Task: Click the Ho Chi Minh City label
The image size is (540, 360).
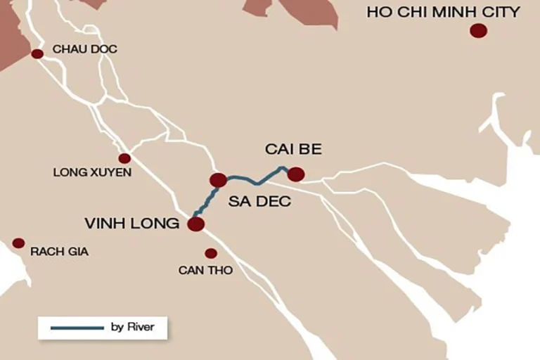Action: coord(444,11)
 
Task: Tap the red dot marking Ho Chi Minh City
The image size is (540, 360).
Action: coord(478,30)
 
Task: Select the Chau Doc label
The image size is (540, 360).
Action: coord(85,49)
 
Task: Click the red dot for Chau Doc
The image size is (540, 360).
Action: coord(37,53)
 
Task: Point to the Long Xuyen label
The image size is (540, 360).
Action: coord(92,172)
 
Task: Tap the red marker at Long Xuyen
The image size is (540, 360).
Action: coord(124,158)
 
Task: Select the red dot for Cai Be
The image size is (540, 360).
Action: coord(296,174)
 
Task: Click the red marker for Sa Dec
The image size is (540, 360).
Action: coord(218,180)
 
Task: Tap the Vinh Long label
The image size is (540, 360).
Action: coord(131,224)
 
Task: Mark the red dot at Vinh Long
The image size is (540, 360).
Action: coord(195,224)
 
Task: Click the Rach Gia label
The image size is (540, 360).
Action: coord(59,251)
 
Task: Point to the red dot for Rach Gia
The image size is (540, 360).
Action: coord(19,243)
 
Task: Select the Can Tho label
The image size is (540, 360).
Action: coord(205,270)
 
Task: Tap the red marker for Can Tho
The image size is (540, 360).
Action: coord(210,253)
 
